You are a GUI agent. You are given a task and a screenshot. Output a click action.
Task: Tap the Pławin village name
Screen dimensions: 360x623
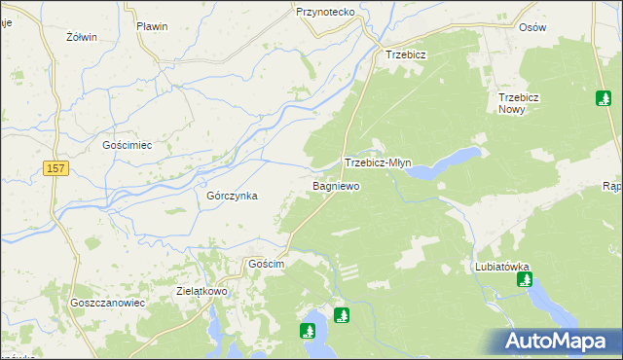coord(152,26)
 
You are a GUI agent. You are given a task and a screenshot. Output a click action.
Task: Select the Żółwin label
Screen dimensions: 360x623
coord(81,37)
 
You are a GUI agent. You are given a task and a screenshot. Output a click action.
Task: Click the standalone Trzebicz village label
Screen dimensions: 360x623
coord(406,55)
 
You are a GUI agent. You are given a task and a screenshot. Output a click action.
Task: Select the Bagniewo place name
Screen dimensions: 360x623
coord(336,185)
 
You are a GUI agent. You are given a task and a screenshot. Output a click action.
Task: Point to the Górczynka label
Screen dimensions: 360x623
coord(232,195)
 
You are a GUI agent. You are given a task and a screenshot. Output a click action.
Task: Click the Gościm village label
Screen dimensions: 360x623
coord(266,264)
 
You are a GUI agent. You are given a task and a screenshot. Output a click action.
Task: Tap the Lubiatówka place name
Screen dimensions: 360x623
coord(501,266)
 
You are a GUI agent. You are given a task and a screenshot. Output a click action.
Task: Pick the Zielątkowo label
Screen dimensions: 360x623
coord(202,290)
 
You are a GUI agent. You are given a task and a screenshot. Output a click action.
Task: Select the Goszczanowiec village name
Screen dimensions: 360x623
coord(107,303)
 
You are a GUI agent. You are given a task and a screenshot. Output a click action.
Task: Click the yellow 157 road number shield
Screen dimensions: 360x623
coord(56,169)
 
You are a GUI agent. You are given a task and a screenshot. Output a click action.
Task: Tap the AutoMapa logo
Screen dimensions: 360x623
coord(554,341)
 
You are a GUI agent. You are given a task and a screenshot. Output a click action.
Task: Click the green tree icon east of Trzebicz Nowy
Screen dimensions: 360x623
coord(604,98)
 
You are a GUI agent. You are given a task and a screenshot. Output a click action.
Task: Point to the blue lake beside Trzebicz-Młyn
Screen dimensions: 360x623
coord(444,165)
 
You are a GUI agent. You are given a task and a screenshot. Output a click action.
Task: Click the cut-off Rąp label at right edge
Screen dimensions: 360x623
coord(612,186)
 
